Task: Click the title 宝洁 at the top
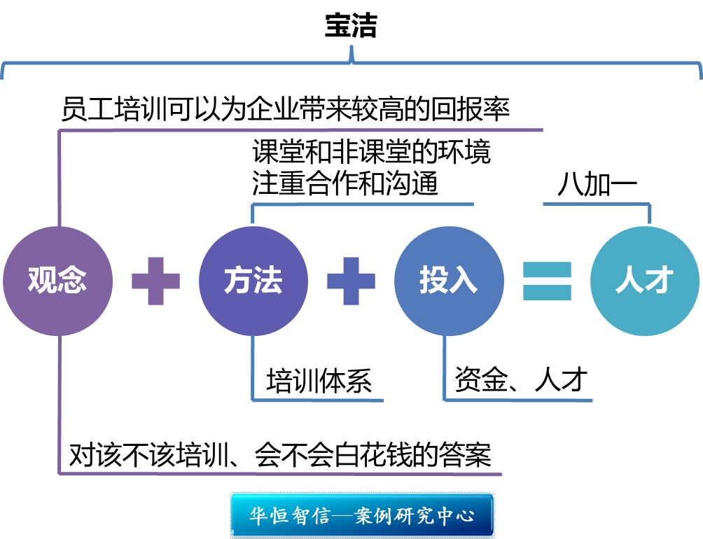pyautogui.click(x=351, y=27)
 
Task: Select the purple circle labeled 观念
pyautogui.click(x=57, y=281)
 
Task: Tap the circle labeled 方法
pyautogui.click(x=253, y=281)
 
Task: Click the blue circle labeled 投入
pyautogui.click(x=448, y=281)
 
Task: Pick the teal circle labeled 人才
pyautogui.click(x=643, y=281)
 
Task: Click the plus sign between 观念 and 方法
pyautogui.click(x=155, y=281)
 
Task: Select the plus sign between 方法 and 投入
pyautogui.click(x=351, y=281)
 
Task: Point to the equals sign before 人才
pyautogui.click(x=547, y=281)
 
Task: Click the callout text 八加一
pyautogui.click(x=597, y=185)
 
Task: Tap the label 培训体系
pyautogui.click(x=319, y=382)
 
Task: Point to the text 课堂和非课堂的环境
pyautogui.click(x=371, y=151)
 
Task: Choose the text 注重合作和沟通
pyautogui.click(x=345, y=184)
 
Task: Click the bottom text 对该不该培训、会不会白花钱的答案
pyautogui.click(x=280, y=455)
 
